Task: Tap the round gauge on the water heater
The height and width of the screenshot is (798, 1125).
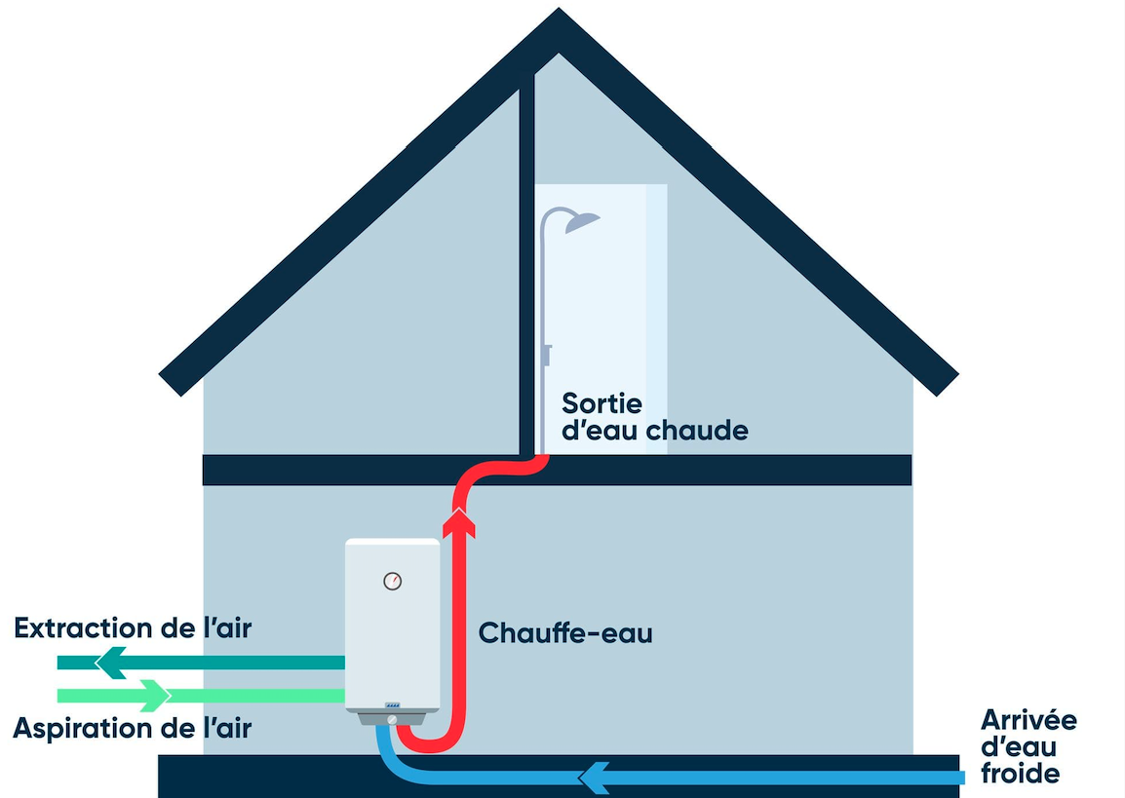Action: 392,582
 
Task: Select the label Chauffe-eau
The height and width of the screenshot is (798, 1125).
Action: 564,633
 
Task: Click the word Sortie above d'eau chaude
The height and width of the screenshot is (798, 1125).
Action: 601,402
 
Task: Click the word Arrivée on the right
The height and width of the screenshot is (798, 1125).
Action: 1028,721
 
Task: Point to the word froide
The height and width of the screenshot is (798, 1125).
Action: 1020,774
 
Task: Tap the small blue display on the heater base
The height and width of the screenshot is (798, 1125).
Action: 392,704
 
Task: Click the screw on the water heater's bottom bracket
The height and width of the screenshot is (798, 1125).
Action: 392,718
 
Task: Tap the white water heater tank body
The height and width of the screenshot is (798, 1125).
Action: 392,633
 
